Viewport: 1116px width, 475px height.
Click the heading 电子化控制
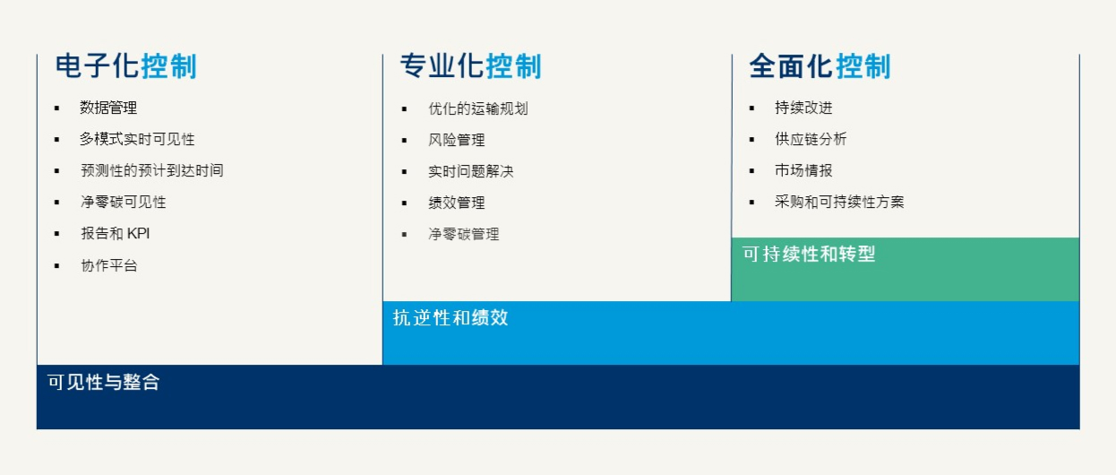[126, 66]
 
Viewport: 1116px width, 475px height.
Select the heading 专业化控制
[471, 66]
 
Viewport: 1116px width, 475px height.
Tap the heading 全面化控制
[820, 66]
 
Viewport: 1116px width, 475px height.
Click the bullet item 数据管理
[108, 108]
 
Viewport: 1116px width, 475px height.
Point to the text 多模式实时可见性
[137, 139]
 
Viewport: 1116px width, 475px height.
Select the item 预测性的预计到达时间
[152, 170]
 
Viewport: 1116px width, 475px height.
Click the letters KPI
[138, 233]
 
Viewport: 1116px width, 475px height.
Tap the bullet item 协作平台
[109, 265]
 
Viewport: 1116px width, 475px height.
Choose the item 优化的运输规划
[478, 108]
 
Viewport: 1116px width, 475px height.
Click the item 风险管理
[457, 140]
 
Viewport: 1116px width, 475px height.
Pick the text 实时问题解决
[471, 171]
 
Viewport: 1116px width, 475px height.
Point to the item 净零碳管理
[464, 234]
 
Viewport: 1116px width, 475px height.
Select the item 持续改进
[803, 108]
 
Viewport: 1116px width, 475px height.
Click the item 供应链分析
[811, 139]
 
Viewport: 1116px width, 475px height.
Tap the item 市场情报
[803, 170]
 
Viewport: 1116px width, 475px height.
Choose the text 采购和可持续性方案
[839, 202]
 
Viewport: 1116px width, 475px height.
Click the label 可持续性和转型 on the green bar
[809, 255]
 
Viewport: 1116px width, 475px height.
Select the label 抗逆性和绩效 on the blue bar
[451, 318]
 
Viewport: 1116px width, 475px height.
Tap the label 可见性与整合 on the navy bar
[103, 383]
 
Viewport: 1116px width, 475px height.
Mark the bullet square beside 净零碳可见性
[56, 202]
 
